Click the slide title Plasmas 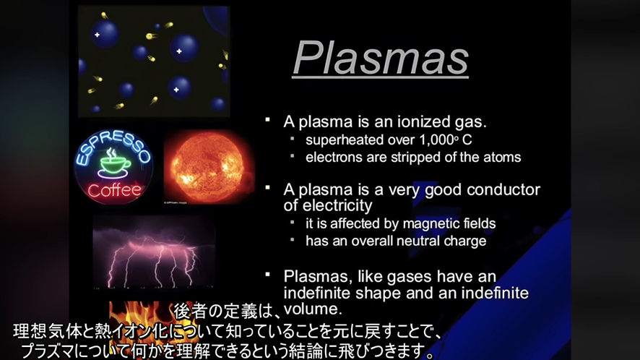click(381, 58)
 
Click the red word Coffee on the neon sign click(114, 190)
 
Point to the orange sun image click(209, 168)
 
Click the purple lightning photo click(154, 252)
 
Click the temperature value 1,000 click(437, 140)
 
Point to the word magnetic click(420, 224)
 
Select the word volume click(313, 309)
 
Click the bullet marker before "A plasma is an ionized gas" click(267, 120)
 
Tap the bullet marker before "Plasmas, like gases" click(267, 275)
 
